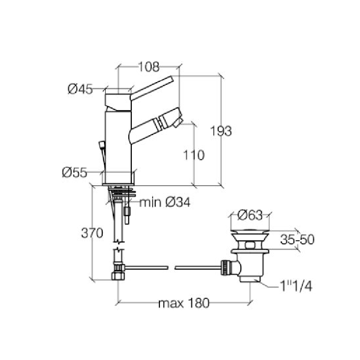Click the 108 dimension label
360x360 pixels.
148,67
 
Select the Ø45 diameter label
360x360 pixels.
80,90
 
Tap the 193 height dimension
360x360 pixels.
220,131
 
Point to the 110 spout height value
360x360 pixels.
194,155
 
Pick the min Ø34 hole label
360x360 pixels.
165,202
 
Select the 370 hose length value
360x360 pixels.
92,233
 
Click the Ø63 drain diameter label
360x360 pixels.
250,216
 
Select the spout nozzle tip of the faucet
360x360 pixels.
176,121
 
